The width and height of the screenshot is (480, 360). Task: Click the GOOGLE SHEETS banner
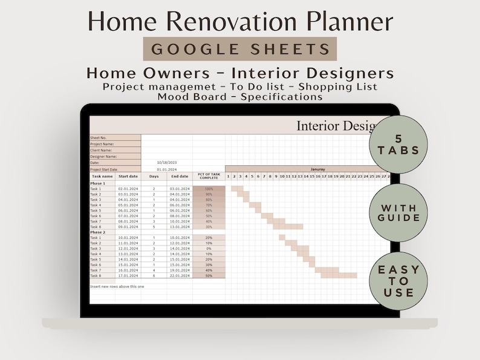pyautogui.click(x=239, y=49)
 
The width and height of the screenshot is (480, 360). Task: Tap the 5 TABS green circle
pyautogui.click(x=398, y=144)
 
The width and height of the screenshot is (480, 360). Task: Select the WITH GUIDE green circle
pyautogui.click(x=398, y=212)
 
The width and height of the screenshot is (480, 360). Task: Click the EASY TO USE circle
pyautogui.click(x=398, y=281)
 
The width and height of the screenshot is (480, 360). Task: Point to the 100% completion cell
pyautogui.click(x=209, y=189)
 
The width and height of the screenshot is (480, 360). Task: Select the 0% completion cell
pyautogui.click(x=209, y=249)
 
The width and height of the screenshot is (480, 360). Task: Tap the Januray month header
pyautogui.click(x=317, y=169)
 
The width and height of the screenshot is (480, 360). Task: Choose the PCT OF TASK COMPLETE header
pyautogui.click(x=209, y=176)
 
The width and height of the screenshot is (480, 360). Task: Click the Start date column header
pyautogui.click(x=128, y=176)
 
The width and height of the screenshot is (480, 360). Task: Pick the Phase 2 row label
pyautogui.click(x=97, y=232)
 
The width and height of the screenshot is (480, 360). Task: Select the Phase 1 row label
pyautogui.click(x=97, y=183)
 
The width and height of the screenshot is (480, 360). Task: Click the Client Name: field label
pyautogui.click(x=101, y=150)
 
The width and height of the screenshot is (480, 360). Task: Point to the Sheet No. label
pyautogui.click(x=98, y=137)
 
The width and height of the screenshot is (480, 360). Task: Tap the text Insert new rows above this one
pyautogui.click(x=117, y=286)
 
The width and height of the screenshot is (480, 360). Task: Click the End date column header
pyautogui.click(x=180, y=176)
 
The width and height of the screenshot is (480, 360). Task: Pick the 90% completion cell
pyautogui.click(x=209, y=194)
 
